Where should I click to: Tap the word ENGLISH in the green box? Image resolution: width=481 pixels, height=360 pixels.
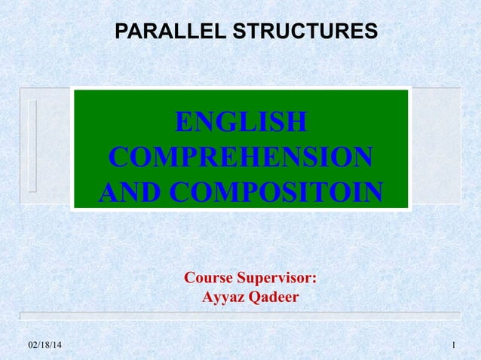(240, 122)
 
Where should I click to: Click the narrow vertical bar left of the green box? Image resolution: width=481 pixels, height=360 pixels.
(32, 145)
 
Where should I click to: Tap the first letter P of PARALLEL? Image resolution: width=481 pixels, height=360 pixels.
(120, 32)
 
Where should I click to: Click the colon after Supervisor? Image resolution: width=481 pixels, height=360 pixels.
(314, 279)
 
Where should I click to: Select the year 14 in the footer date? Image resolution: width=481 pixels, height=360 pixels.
(59, 345)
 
